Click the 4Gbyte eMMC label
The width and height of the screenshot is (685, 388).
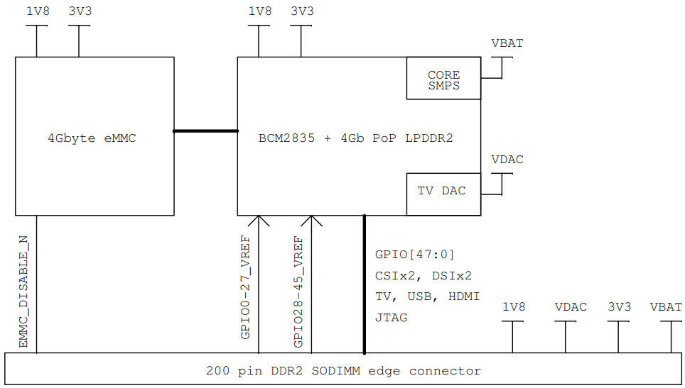tap(95, 138)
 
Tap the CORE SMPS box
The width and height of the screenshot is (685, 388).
tap(443, 79)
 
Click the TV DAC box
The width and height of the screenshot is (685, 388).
tap(443, 191)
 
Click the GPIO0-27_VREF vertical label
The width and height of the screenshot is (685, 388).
tap(245, 287)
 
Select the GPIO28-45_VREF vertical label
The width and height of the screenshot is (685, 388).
tap(298, 291)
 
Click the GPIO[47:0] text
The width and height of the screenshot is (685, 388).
tap(414, 254)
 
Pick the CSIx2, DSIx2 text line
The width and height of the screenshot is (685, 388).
tap(423, 275)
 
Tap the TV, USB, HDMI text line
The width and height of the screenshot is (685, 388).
tap(427, 296)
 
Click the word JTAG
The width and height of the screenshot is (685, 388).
tap(392, 317)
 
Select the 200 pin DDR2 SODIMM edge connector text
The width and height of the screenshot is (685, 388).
tap(343, 370)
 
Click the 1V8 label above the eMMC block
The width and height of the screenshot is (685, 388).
tap(37, 11)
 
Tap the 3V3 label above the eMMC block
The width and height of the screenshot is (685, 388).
tap(80, 11)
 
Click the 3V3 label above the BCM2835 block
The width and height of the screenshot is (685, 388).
tap(302, 11)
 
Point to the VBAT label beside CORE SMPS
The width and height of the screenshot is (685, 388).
tap(507, 43)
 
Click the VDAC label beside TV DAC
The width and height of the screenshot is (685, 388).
tap(507, 160)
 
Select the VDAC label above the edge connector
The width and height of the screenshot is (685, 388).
tap(571, 307)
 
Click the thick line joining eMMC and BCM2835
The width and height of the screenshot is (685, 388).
tap(205, 131)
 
